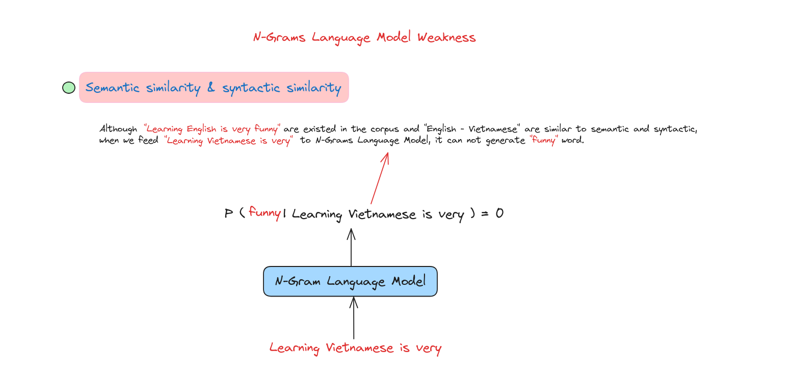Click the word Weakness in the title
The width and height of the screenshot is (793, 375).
point(446,38)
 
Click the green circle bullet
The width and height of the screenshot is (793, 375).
point(69,88)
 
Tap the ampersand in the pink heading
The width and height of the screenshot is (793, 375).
point(211,88)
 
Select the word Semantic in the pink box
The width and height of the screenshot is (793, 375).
point(112,88)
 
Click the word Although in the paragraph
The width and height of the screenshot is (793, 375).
point(118,129)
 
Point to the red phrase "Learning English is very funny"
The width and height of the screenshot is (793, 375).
point(212,129)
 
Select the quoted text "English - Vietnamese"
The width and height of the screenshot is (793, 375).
point(472,129)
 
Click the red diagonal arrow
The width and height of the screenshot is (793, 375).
point(380,178)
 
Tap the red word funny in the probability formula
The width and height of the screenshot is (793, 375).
point(265,212)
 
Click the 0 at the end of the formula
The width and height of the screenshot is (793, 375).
point(499,213)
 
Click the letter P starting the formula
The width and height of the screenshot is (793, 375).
point(229,213)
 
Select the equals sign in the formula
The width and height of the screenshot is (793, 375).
point(485,213)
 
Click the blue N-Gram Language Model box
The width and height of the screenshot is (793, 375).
point(350,281)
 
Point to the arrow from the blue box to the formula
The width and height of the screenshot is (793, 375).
point(351,247)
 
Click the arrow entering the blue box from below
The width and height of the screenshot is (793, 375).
point(354,318)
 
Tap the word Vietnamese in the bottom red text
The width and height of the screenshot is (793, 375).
point(359,348)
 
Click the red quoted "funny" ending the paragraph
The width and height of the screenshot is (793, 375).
point(544,141)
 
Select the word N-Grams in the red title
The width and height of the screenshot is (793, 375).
point(279,38)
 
